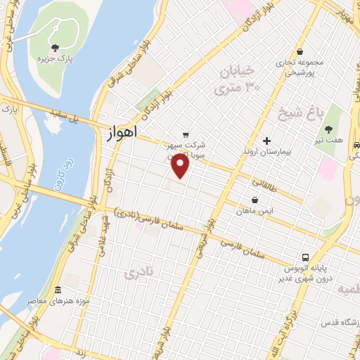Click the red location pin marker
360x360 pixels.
[181, 166]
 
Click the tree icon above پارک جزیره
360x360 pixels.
[55, 47]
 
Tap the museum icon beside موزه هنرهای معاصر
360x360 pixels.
[58, 290]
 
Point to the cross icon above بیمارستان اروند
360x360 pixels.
[266, 141]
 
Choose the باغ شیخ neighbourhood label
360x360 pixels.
[306, 114]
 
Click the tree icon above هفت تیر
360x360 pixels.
[329, 129]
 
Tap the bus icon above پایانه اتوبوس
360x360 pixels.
[305, 257]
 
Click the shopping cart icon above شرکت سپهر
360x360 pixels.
[185, 135]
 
